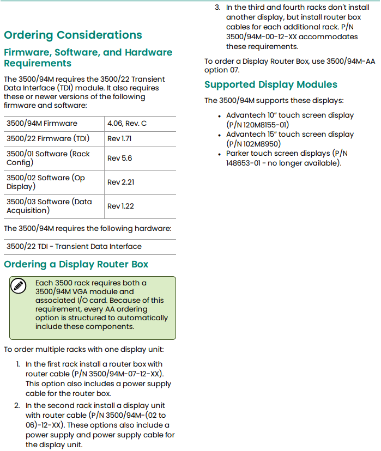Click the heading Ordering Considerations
click(73, 35)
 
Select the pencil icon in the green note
click(19, 285)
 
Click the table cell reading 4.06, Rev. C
click(127, 123)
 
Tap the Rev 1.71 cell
click(119, 138)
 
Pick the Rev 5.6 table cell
click(119, 158)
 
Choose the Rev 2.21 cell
click(120, 182)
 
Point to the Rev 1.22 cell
click(120, 206)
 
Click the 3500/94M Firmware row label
click(42, 123)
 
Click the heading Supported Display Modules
click(271, 84)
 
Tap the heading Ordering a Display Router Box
click(76, 265)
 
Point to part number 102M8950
click(257, 144)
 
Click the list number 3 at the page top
click(217, 8)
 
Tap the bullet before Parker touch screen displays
click(220, 154)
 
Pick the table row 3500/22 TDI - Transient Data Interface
click(74, 246)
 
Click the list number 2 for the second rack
click(17, 405)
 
